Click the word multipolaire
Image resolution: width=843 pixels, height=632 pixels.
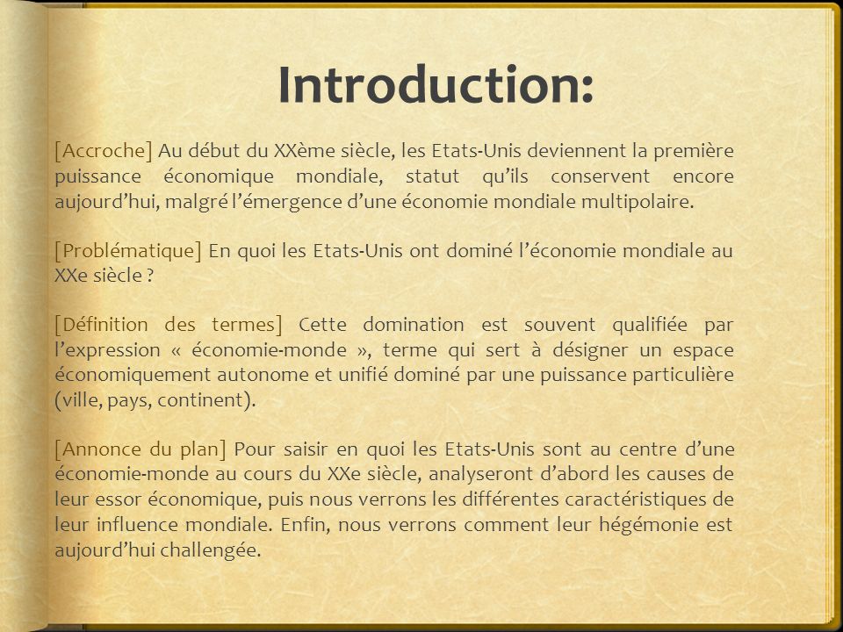click(638, 202)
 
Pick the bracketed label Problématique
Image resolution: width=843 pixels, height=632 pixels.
click(128, 251)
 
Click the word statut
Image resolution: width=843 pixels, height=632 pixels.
click(433, 176)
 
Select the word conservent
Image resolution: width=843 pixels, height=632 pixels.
click(601, 176)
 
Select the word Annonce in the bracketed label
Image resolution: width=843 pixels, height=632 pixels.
click(99, 449)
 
